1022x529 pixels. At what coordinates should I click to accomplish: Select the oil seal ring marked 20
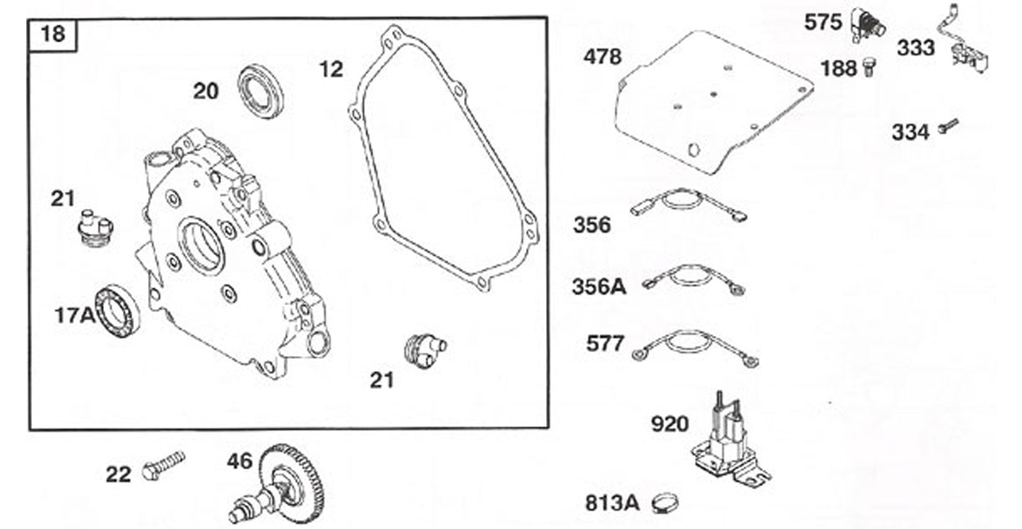coord(261,91)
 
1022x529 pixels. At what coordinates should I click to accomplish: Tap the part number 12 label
coord(330,68)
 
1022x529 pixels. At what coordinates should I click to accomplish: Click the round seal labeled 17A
coord(118,312)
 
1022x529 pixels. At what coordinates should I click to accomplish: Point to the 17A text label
coord(75,315)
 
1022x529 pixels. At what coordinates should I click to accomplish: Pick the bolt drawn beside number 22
coord(163,466)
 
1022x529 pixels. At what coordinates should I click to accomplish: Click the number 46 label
coord(240,461)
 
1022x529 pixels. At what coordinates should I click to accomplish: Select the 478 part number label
coord(602,57)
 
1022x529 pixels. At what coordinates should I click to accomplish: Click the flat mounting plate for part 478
coord(714,101)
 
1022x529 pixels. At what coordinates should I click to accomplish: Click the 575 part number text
coord(823,23)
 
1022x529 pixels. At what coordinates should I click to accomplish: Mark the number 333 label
coord(916,48)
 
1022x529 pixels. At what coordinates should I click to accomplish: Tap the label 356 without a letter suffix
coord(591,225)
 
